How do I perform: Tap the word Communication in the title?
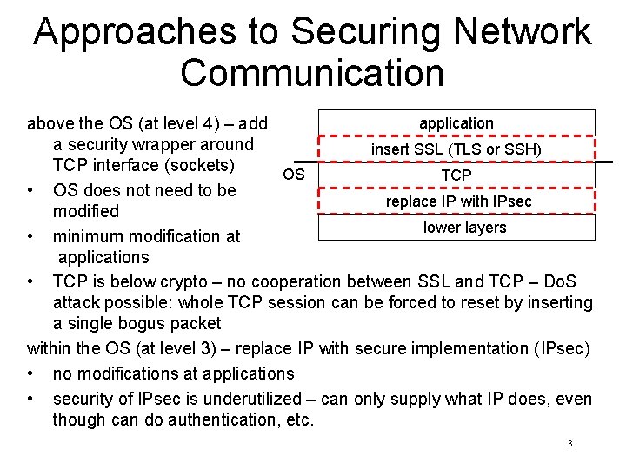(x=312, y=72)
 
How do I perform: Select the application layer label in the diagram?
(x=456, y=123)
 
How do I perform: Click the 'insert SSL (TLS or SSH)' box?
(x=456, y=149)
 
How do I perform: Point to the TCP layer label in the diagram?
(x=456, y=175)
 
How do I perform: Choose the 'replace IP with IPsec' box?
(x=458, y=201)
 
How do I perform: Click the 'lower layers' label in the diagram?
(x=464, y=228)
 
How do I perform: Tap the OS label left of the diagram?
(x=294, y=175)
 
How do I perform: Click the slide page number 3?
(x=569, y=444)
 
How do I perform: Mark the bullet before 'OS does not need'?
(x=31, y=190)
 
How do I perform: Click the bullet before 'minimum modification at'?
(x=31, y=236)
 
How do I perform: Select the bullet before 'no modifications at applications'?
(x=31, y=374)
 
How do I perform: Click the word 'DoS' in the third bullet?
(x=556, y=281)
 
